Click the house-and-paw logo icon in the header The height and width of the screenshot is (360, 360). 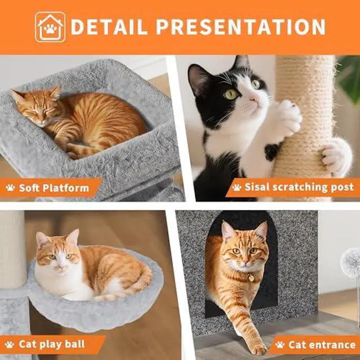click(50, 27)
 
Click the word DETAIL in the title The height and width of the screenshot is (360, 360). click(109, 27)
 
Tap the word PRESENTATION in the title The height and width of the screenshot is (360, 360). click(241, 27)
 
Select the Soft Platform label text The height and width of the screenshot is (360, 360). click(54, 188)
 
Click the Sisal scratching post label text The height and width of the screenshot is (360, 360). click(299, 187)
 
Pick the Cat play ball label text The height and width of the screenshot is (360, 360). click(52, 344)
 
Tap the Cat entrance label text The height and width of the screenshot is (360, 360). click(322, 345)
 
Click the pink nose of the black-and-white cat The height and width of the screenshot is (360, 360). click(254, 100)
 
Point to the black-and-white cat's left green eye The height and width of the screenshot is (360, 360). click(231, 94)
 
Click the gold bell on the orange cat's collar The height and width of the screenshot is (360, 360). click(251, 278)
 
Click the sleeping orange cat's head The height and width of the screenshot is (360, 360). click(36, 105)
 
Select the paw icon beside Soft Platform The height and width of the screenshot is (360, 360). click(10, 188)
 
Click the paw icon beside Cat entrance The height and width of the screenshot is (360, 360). click(280, 345)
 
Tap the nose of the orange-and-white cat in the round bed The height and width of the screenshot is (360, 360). click(60, 268)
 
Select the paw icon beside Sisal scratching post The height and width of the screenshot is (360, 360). click(236, 187)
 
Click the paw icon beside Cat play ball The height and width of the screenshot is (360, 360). click(10, 345)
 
